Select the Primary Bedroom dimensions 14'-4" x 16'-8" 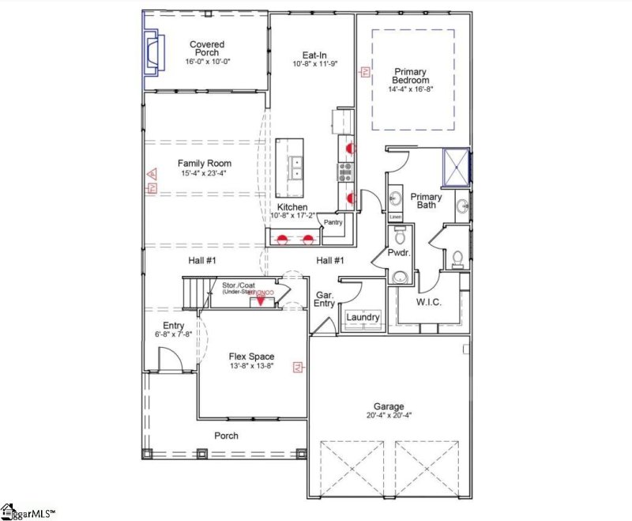pos(410,89)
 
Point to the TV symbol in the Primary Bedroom pos(365,72)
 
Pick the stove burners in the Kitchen pos(345,172)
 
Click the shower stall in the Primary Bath pos(455,166)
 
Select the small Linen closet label pos(395,217)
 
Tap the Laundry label pos(364,317)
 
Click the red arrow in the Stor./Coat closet pos(261,300)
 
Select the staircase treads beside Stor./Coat pos(195,293)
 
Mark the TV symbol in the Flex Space pos(298,366)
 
